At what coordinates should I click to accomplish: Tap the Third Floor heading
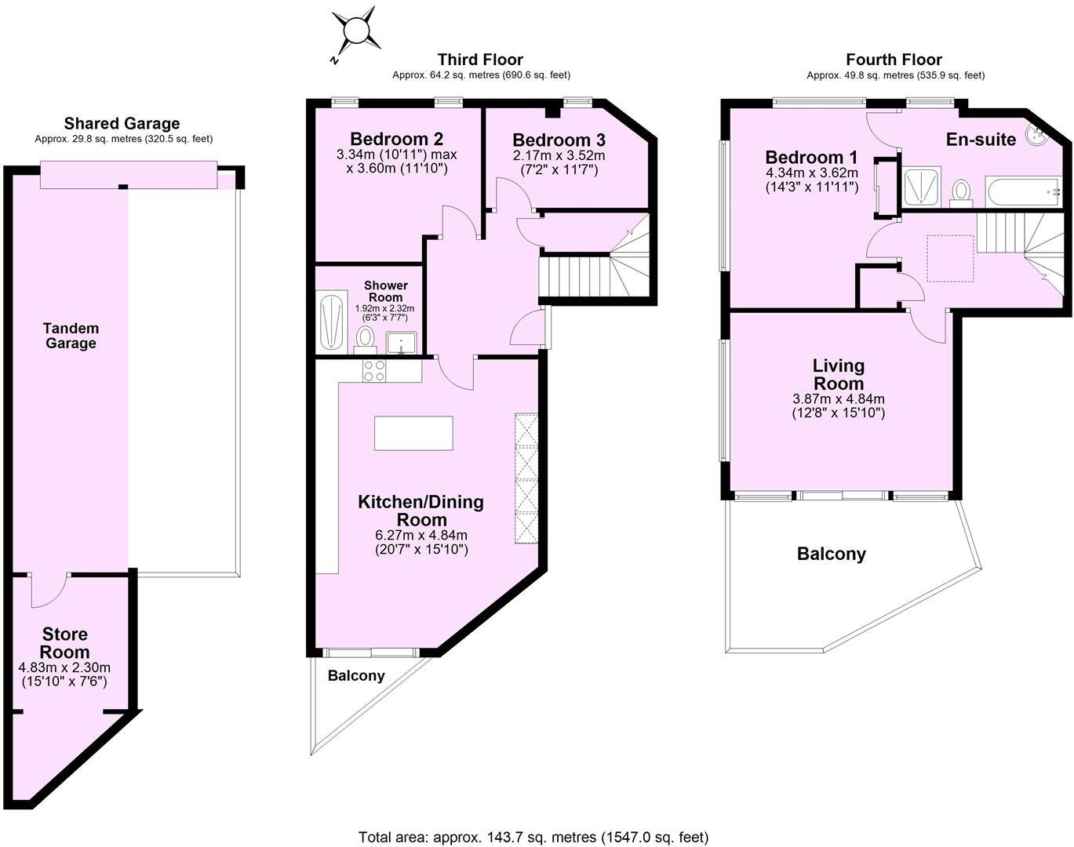click(480, 60)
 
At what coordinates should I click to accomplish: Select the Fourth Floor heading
click(894, 60)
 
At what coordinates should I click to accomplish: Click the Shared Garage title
click(122, 123)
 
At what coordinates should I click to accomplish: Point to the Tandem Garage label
click(71, 336)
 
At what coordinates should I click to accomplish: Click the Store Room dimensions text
click(64, 674)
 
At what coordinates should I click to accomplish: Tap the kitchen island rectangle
click(413, 433)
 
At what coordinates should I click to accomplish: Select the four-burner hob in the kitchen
click(374, 370)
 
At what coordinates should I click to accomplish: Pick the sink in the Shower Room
click(402, 343)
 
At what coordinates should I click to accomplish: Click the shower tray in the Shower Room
click(330, 321)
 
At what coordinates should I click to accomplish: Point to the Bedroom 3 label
click(559, 140)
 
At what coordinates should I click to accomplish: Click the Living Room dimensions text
click(838, 405)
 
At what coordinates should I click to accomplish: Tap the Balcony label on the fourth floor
click(831, 554)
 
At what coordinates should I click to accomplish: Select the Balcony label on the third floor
click(356, 675)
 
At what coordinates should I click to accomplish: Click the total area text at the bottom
click(533, 837)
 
